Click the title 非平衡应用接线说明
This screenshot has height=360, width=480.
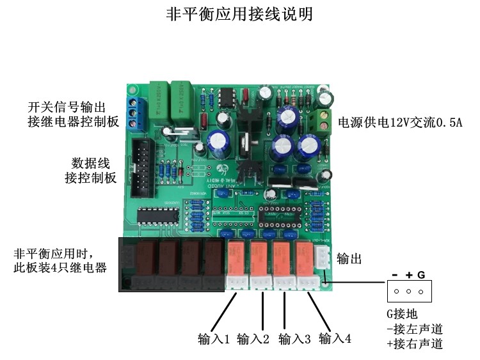(x=239, y=14)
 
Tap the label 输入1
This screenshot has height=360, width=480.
(x=213, y=339)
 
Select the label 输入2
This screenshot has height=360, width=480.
(x=253, y=339)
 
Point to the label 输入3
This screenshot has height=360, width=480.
(x=294, y=339)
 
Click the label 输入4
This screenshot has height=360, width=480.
(x=334, y=339)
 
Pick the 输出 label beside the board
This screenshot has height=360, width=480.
(x=349, y=259)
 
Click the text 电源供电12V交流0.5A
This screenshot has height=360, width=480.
(x=399, y=122)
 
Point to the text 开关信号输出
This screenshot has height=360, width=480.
(x=66, y=106)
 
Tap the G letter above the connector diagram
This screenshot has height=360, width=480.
(x=421, y=274)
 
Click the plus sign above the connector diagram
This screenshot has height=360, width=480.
(x=409, y=274)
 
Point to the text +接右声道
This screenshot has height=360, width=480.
(x=415, y=344)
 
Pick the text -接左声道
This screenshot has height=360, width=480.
(x=415, y=329)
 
